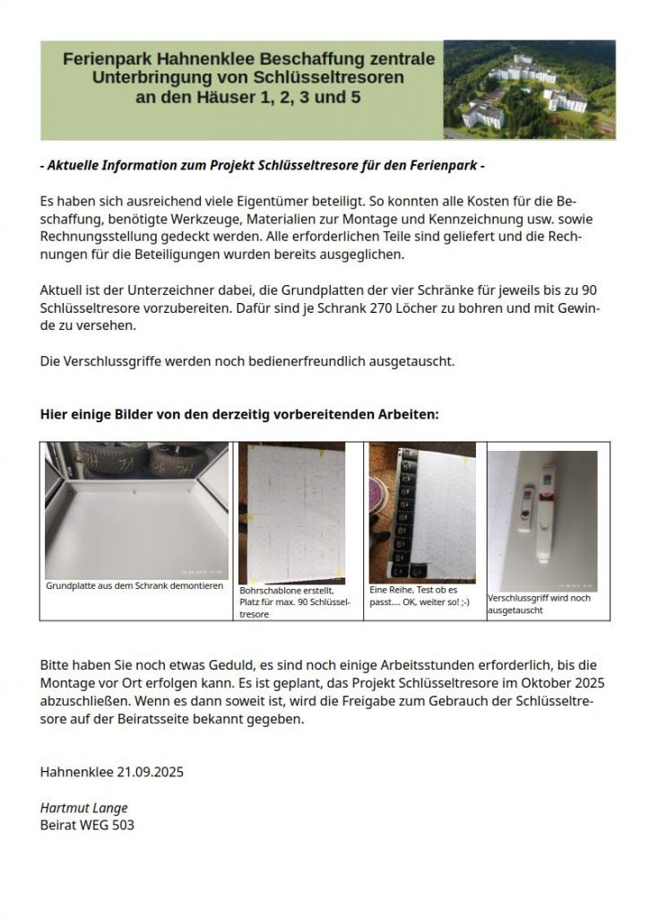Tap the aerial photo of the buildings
pos(530,90)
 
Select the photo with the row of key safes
pos(422,513)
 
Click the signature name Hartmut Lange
pos(83,808)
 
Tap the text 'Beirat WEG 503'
pos(87,825)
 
